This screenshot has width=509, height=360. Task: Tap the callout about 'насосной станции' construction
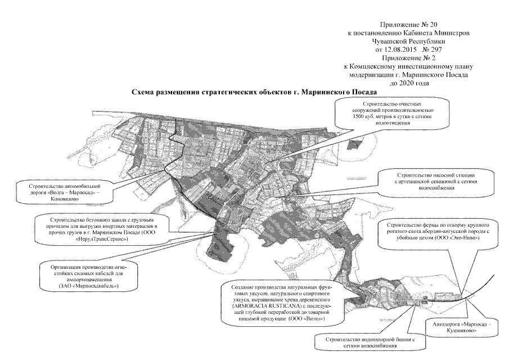point(432,182)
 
